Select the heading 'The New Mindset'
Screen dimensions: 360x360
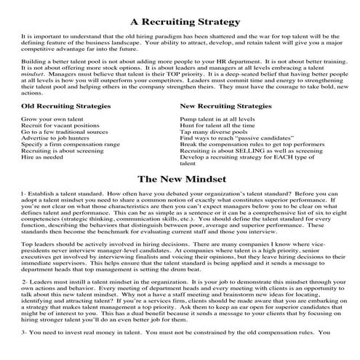click(180, 177)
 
